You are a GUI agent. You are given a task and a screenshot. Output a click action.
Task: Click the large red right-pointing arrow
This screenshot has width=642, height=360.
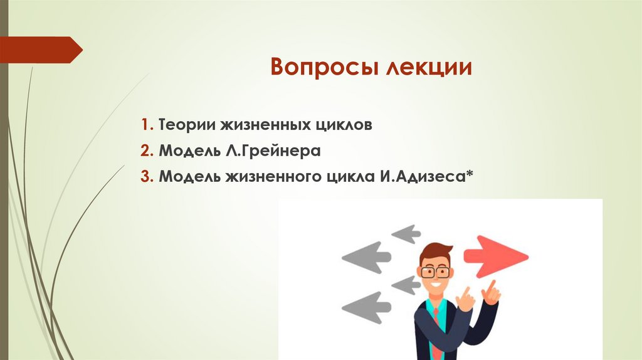496,256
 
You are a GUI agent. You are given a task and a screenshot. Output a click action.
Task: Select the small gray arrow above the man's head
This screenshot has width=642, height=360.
406,234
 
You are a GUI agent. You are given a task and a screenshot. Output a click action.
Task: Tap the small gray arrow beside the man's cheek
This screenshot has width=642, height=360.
406,285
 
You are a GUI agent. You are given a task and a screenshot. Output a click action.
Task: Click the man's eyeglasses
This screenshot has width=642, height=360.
435,272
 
